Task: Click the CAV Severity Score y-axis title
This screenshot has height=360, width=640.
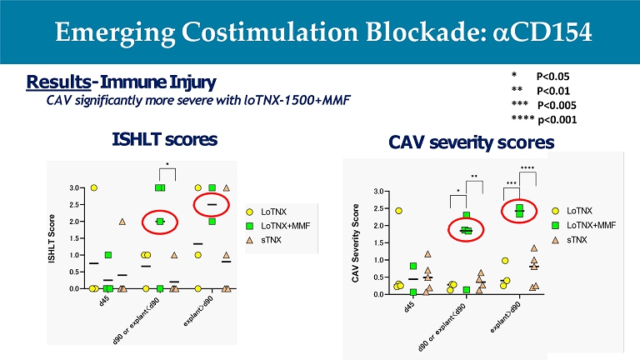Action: [x=356, y=242]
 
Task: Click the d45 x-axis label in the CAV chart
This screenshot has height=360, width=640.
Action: [x=409, y=307]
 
